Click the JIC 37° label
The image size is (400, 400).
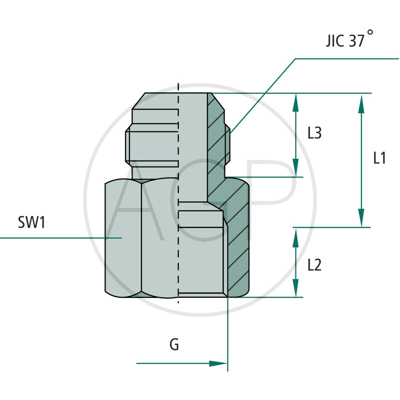pos(344,39)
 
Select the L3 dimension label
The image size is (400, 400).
pos(314,133)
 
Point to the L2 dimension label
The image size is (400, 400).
pos(314,265)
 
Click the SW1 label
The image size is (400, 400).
pos(31,222)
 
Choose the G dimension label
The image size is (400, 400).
pos(174,344)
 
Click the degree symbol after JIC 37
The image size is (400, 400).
pos(370,32)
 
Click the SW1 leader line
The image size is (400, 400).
pos(60,237)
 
